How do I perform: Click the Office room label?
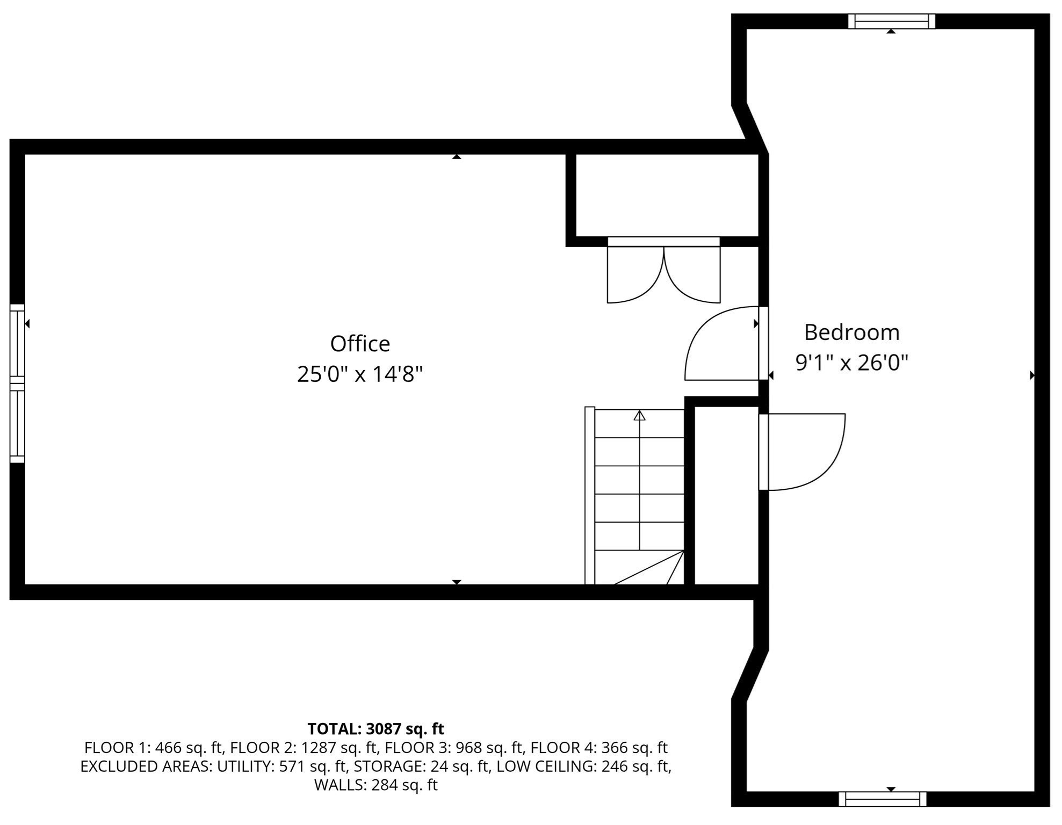[360, 344]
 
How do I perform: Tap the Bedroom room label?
[851, 332]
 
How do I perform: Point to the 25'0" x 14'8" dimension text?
[360, 374]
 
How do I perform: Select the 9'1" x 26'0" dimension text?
[851, 363]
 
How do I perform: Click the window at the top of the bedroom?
[891, 21]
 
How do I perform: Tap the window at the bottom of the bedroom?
[883, 799]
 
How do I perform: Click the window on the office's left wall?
[17, 383]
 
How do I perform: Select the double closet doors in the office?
[663, 274]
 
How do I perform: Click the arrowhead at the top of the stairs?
[639, 416]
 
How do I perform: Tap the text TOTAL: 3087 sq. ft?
[375, 729]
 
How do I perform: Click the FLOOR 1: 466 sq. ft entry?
[153, 748]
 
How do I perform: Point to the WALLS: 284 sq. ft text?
[375, 785]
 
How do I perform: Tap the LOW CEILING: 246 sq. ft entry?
[583, 766]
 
